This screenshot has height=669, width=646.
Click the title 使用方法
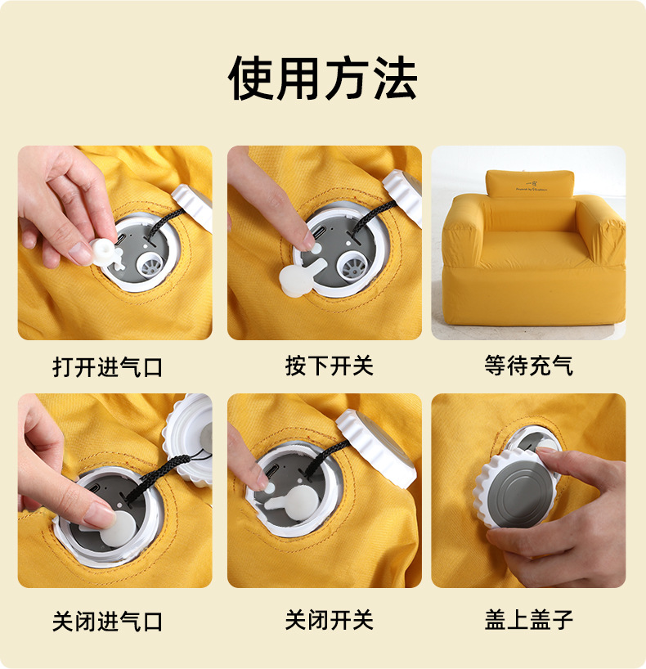(x=322, y=79)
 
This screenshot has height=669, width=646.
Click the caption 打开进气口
(x=107, y=367)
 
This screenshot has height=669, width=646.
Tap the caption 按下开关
(x=330, y=366)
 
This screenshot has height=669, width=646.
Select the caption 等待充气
(x=529, y=366)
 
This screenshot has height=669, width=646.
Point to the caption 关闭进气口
(x=107, y=621)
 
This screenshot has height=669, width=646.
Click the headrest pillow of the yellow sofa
(x=530, y=183)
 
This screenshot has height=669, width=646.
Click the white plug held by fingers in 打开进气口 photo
(x=105, y=253)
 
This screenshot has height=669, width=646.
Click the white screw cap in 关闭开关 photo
(x=375, y=448)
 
